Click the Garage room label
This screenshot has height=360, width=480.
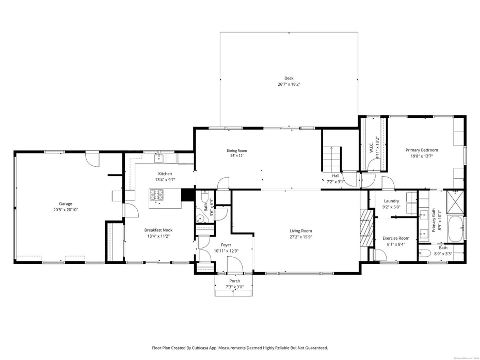[x=66, y=204]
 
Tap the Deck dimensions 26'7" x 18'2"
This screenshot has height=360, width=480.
[x=289, y=84]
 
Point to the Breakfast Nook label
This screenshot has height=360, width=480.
[x=158, y=230]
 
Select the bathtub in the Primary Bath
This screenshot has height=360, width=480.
[x=455, y=229]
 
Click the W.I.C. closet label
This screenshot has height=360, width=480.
[x=371, y=144]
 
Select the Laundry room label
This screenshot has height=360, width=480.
[x=392, y=201]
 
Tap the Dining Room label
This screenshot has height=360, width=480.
[x=236, y=150]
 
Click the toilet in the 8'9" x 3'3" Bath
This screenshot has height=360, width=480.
[x=425, y=253]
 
